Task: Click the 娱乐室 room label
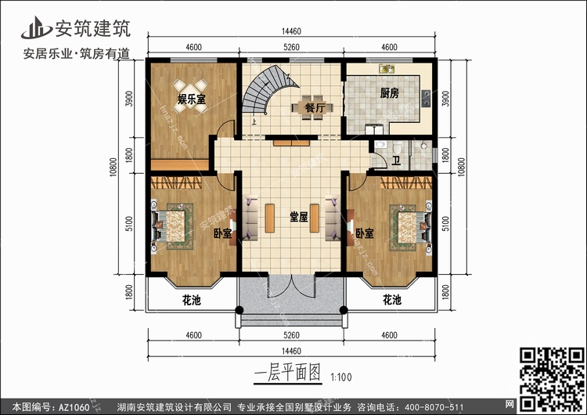191,99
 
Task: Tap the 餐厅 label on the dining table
315,108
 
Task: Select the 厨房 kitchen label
389,93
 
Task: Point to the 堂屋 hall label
299,216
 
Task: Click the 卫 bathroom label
396,161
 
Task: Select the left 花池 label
192,300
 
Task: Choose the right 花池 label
392,300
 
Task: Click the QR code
553,379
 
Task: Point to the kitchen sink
387,69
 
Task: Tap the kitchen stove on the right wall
426,99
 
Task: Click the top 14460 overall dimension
291,31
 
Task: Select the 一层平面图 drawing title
287,373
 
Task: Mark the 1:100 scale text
340,377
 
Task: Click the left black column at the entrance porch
239,310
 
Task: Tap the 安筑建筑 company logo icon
36,28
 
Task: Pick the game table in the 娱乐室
190,96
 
